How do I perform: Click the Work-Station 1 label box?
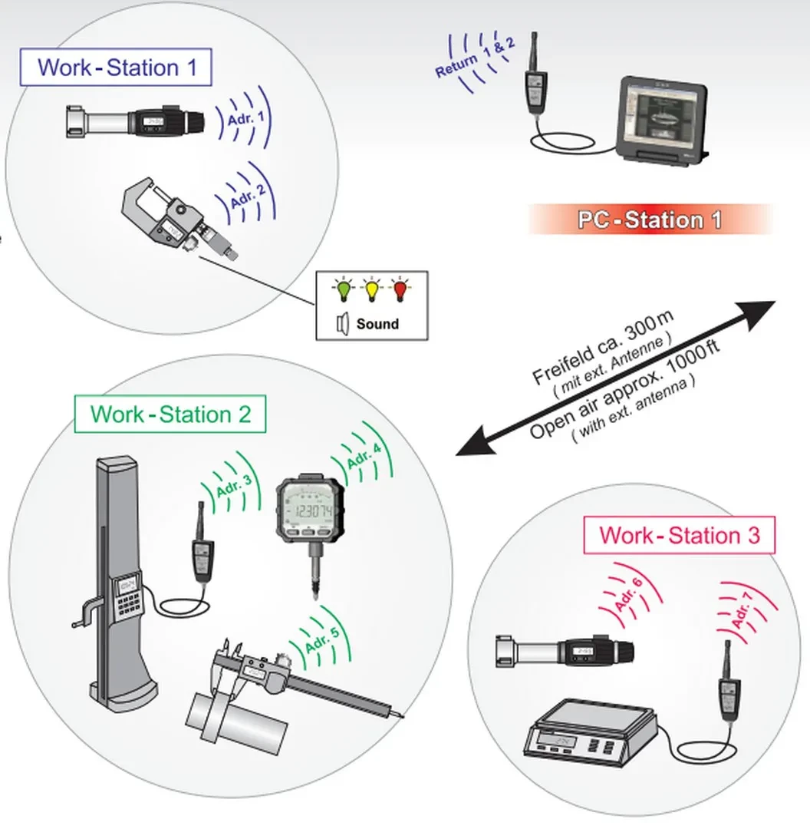pos(117,67)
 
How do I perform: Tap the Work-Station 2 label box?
pos(170,414)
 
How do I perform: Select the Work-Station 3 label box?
pos(679,535)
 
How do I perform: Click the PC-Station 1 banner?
pos(649,220)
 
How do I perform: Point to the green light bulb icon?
pos(342,291)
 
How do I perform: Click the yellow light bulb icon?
pos(372,291)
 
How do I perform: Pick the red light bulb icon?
pos(400,291)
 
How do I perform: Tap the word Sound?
pos(377,324)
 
